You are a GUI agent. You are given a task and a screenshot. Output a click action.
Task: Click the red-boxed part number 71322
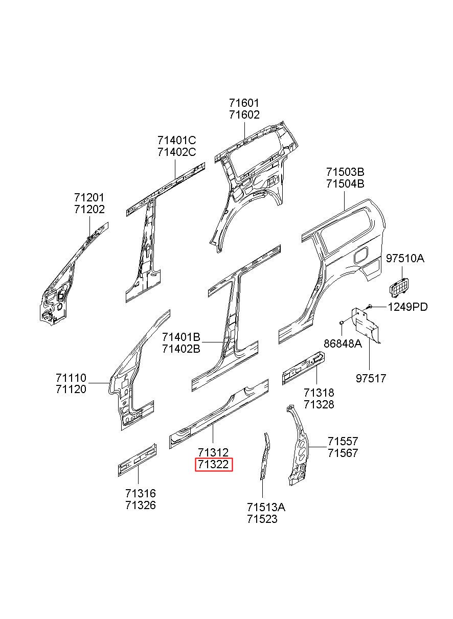point(214,465)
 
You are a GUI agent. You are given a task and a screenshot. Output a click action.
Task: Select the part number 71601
point(244,103)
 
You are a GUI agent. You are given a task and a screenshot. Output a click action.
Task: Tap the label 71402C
point(176,152)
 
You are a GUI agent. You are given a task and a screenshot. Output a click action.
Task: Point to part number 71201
point(89,198)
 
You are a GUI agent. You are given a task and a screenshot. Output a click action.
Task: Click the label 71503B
point(345,172)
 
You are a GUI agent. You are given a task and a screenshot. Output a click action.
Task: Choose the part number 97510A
point(405,259)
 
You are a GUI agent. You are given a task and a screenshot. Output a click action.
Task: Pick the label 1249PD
point(407,307)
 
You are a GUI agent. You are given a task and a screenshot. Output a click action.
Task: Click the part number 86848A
point(343,344)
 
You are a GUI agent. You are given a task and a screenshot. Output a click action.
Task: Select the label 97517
point(371,378)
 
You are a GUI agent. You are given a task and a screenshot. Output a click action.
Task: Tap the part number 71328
point(319,404)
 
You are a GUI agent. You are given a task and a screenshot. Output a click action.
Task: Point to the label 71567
point(343,453)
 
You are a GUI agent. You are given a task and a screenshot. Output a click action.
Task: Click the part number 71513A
point(266,507)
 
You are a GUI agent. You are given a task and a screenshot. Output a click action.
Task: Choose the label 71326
point(141,505)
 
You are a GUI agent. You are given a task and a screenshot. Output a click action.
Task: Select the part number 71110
point(71,377)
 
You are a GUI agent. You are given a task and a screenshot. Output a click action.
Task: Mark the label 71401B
point(181,337)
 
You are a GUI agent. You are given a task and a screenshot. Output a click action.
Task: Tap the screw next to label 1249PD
point(369,306)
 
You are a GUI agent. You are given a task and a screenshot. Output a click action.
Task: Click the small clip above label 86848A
point(342,322)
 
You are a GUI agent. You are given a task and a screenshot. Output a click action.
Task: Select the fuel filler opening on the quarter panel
point(361,256)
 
